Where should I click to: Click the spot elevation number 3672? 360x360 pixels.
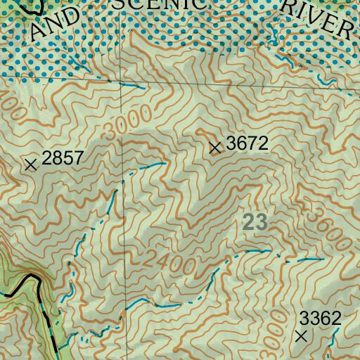pyautogui.click(x=249, y=143)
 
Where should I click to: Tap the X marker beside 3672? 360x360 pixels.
pyautogui.click(x=216, y=147)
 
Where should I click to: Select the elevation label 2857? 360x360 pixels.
pyautogui.click(x=63, y=158)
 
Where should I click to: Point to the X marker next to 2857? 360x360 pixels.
pyautogui.click(x=30, y=165)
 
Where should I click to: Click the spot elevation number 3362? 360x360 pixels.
pyautogui.click(x=320, y=318)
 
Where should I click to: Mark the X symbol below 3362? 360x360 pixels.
pyautogui.click(x=302, y=336)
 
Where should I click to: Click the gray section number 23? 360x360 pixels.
pyautogui.click(x=255, y=223)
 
